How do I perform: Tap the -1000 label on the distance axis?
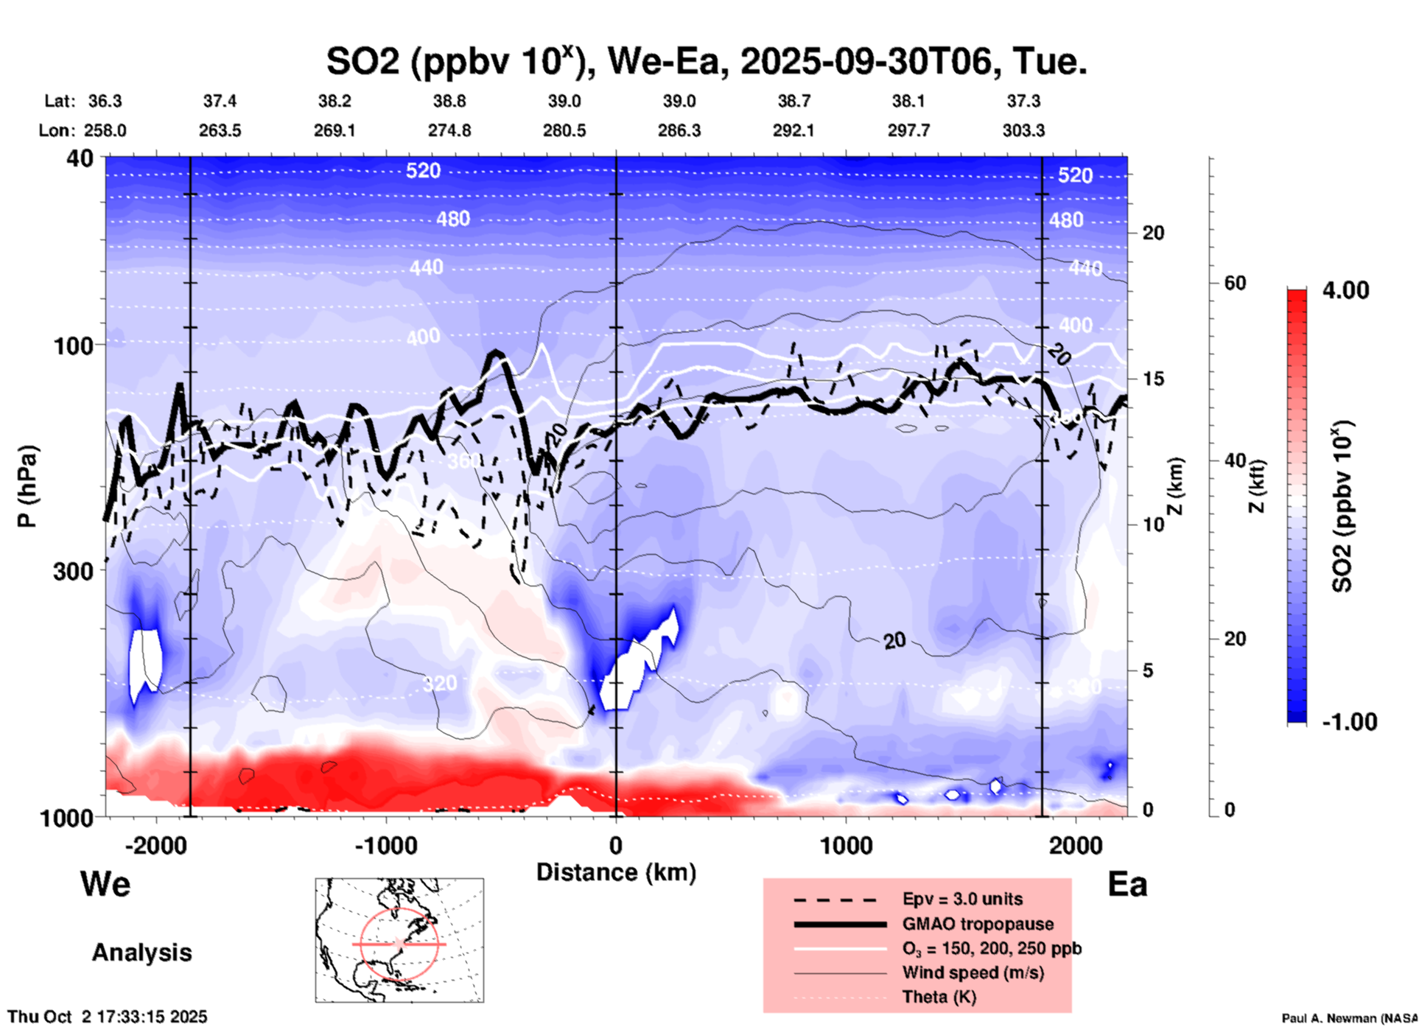pyautogui.click(x=385, y=845)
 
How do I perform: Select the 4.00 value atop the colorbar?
pyautogui.click(x=1345, y=290)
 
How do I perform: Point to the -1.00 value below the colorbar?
pyautogui.click(x=1349, y=721)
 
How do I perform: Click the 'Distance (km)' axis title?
pyautogui.click(x=616, y=872)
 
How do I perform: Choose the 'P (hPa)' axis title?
pyautogui.click(x=27, y=486)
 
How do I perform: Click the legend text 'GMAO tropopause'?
pyautogui.click(x=978, y=924)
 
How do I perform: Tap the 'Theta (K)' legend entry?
pyautogui.click(x=939, y=997)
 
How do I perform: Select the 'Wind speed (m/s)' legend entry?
pyautogui.click(x=973, y=972)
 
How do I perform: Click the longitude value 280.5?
pyautogui.click(x=564, y=130)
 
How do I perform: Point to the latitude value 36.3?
pyautogui.click(x=105, y=101)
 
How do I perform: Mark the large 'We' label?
pyautogui.click(x=105, y=883)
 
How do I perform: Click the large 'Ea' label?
pyautogui.click(x=1127, y=884)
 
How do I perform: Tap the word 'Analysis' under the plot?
pyautogui.click(x=141, y=953)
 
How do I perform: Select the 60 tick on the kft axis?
pyautogui.click(x=1235, y=283)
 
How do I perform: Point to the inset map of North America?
pyautogui.click(x=399, y=940)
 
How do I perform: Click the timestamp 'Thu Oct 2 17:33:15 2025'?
pyautogui.click(x=108, y=1017)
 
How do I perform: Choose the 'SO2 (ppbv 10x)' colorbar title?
pyautogui.click(x=1343, y=506)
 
